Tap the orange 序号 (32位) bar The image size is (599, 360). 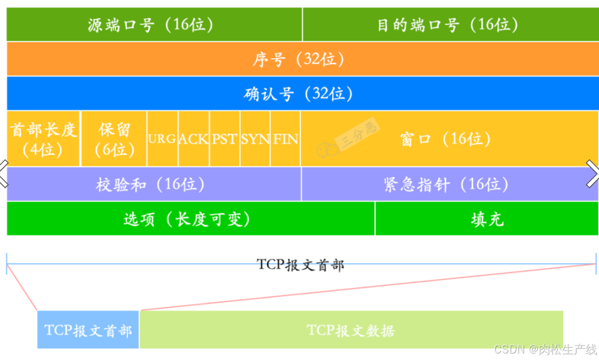coord(299,59)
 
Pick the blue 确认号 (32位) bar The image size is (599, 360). coord(299,94)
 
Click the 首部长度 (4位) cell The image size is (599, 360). coord(43,139)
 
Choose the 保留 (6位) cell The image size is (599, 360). coord(114,139)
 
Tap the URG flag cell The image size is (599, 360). coord(163,139)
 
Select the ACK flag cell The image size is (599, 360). coord(194,139)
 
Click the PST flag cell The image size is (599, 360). coord(225,139)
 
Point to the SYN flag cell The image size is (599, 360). coord(255,139)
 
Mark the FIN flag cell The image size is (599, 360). coord(286,139)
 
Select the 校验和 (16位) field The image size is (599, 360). coord(154,185)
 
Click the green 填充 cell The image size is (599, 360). coord(487,219)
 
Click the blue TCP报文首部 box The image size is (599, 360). coord(88,330)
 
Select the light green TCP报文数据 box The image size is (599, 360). coord(351,330)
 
